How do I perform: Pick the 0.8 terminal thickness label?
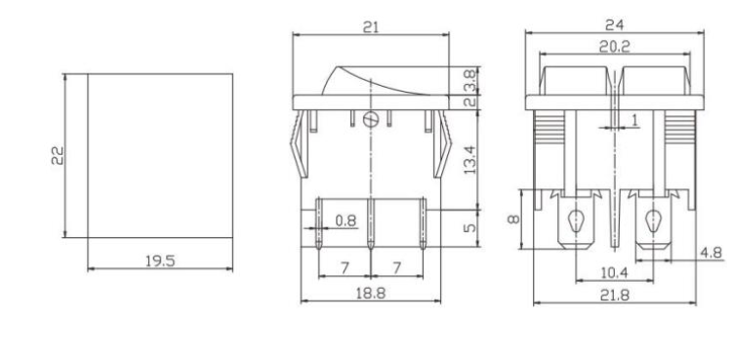tap(346, 221)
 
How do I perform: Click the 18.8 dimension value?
tap(372, 293)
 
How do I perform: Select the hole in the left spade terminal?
tap(577, 221)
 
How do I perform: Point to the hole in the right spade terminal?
tap(650, 221)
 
